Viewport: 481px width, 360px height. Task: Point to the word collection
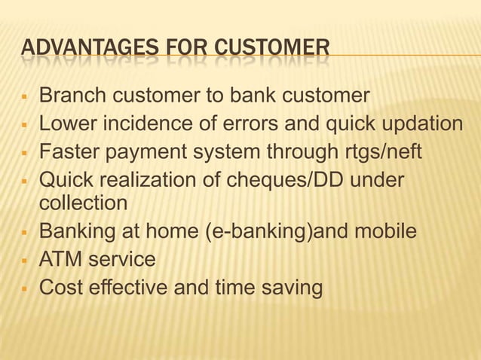point(84,203)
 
